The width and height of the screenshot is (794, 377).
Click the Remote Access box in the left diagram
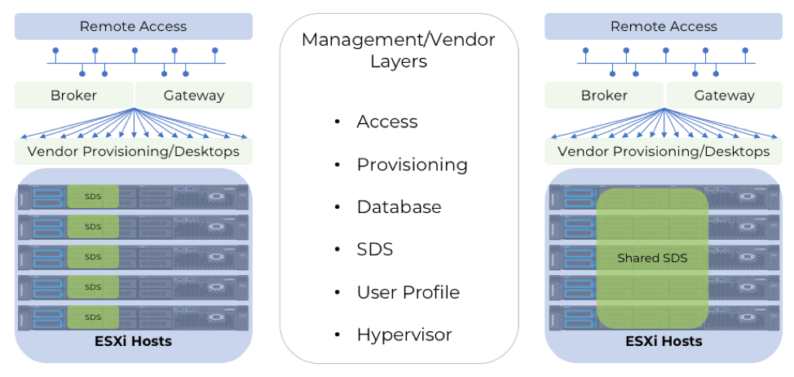[x=133, y=26]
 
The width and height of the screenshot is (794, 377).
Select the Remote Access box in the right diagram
[x=664, y=26]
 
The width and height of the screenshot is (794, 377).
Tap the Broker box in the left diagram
[x=74, y=95]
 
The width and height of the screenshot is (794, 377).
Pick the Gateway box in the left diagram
[x=193, y=95]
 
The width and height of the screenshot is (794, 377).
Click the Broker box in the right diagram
[x=604, y=95]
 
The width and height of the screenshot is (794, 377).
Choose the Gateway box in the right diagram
[x=724, y=95]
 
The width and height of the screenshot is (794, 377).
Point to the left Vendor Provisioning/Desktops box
[x=133, y=151]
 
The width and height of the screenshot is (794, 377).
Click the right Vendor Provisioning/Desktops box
[x=664, y=151]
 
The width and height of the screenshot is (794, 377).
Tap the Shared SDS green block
[x=652, y=258]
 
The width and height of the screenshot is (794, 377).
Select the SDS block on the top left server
[x=93, y=196]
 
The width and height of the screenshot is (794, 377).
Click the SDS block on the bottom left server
[x=93, y=317]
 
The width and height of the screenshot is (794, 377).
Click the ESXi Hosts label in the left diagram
[x=133, y=342]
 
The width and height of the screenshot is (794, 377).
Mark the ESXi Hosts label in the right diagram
[x=664, y=342]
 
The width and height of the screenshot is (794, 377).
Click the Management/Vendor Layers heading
[x=399, y=50]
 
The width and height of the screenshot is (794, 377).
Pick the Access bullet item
[x=387, y=122]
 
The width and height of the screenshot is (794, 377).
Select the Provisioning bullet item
[x=412, y=165]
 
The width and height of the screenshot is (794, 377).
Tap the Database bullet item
[x=399, y=206]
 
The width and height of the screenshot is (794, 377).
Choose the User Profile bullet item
[x=408, y=292]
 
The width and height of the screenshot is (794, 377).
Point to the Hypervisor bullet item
[x=404, y=335]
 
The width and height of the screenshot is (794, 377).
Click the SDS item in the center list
[x=375, y=250]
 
